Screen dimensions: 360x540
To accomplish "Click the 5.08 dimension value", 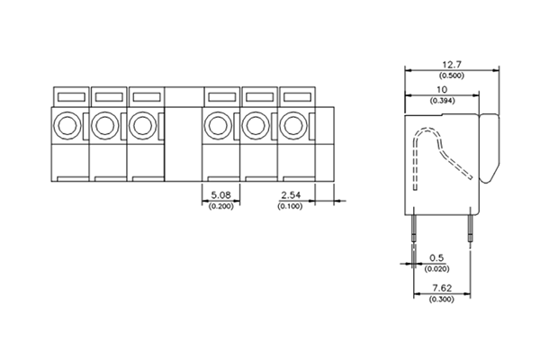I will [220, 194].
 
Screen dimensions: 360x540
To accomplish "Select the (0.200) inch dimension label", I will [220, 206].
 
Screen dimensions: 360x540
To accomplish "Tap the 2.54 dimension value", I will [292, 194].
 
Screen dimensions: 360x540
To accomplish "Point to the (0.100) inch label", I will [292, 206].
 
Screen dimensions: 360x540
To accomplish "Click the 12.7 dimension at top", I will [452, 65].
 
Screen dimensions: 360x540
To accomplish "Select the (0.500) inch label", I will [452, 76].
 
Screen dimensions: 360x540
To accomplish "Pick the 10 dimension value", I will [441, 91].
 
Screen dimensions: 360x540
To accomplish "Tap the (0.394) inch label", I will [441, 102].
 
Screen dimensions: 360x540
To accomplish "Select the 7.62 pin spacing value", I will [441, 288].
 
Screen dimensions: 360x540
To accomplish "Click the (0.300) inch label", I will [441, 299].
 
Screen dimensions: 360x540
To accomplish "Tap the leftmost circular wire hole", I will [68, 125].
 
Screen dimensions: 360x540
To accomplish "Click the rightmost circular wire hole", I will [295, 125].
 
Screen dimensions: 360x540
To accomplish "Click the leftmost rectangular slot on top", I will [69, 94].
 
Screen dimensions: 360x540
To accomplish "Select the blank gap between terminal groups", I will [183, 135].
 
